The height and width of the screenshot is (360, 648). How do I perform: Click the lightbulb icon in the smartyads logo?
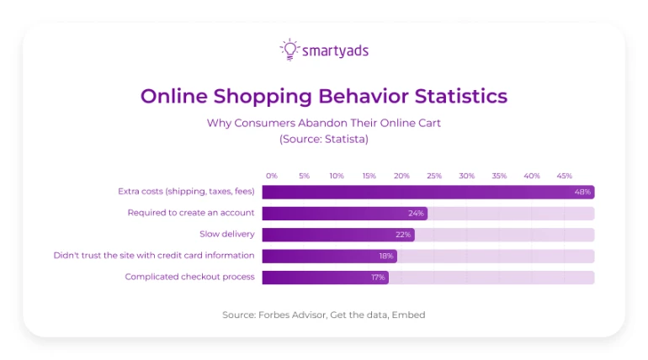(289, 50)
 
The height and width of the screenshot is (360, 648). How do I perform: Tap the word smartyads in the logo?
(335, 51)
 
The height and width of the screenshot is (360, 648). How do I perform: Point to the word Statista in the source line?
(342, 139)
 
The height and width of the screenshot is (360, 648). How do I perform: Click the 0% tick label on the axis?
(272, 176)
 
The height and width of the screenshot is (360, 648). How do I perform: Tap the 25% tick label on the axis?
(434, 176)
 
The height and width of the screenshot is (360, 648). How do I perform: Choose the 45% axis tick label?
(564, 176)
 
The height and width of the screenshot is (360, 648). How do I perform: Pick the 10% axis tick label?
(337, 176)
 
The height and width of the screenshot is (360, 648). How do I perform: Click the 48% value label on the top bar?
(582, 192)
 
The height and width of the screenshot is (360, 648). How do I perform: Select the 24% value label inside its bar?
(415, 213)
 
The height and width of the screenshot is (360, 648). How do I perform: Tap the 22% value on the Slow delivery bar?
(402, 235)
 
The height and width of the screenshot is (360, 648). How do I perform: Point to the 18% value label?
(385, 256)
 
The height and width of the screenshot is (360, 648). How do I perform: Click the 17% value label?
(378, 277)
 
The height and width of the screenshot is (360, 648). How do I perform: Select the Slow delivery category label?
(227, 234)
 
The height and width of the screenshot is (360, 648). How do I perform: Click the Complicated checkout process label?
(190, 277)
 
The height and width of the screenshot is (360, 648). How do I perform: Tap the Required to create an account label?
(191, 213)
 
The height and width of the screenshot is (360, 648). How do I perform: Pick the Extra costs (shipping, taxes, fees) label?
(186, 192)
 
